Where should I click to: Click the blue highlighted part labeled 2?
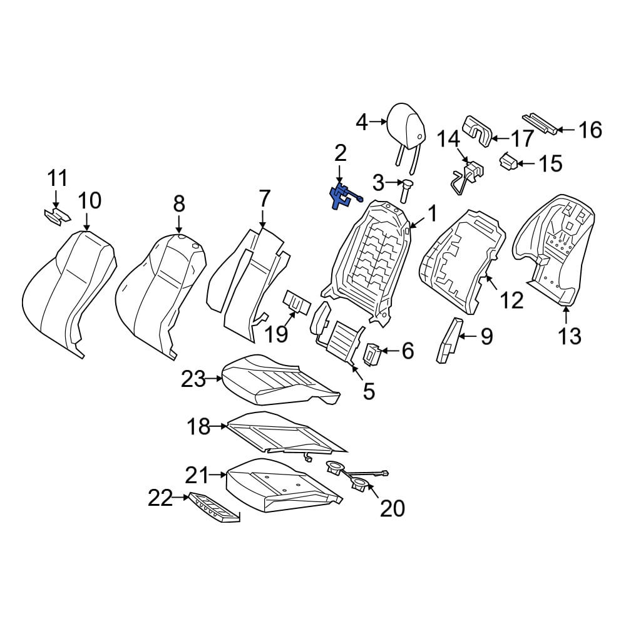(342, 196)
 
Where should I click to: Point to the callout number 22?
(160, 498)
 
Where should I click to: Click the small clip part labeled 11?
(57, 216)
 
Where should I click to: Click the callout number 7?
(264, 199)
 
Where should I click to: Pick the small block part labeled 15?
(508, 162)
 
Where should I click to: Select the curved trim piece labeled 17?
(477, 131)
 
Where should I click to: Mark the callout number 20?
(393, 508)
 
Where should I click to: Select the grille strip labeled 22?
(215, 507)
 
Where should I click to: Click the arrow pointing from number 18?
(218, 426)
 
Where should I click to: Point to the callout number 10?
(90, 200)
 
